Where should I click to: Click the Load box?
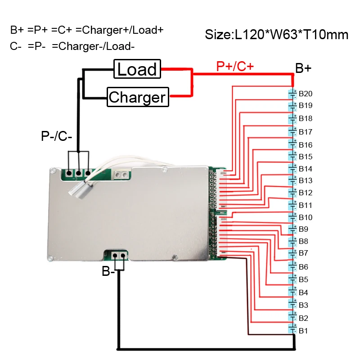(137, 69)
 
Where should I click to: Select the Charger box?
(137, 97)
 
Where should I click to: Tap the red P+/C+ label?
(235, 67)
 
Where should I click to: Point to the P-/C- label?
(57, 136)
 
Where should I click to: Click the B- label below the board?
(108, 271)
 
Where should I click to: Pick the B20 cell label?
(306, 94)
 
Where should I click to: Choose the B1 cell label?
(304, 331)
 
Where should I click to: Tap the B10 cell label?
(306, 217)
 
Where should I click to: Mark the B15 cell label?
(306, 157)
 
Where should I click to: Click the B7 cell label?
(304, 252)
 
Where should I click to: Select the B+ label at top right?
(303, 68)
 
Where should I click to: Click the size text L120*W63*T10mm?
(276, 35)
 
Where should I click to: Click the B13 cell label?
(306, 180)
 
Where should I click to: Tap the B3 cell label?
(304, 305)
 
